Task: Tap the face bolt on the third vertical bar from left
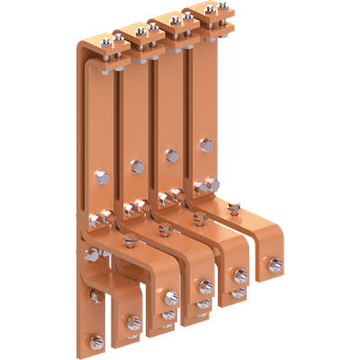point(171,154)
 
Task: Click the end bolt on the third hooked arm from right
point(209,289)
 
